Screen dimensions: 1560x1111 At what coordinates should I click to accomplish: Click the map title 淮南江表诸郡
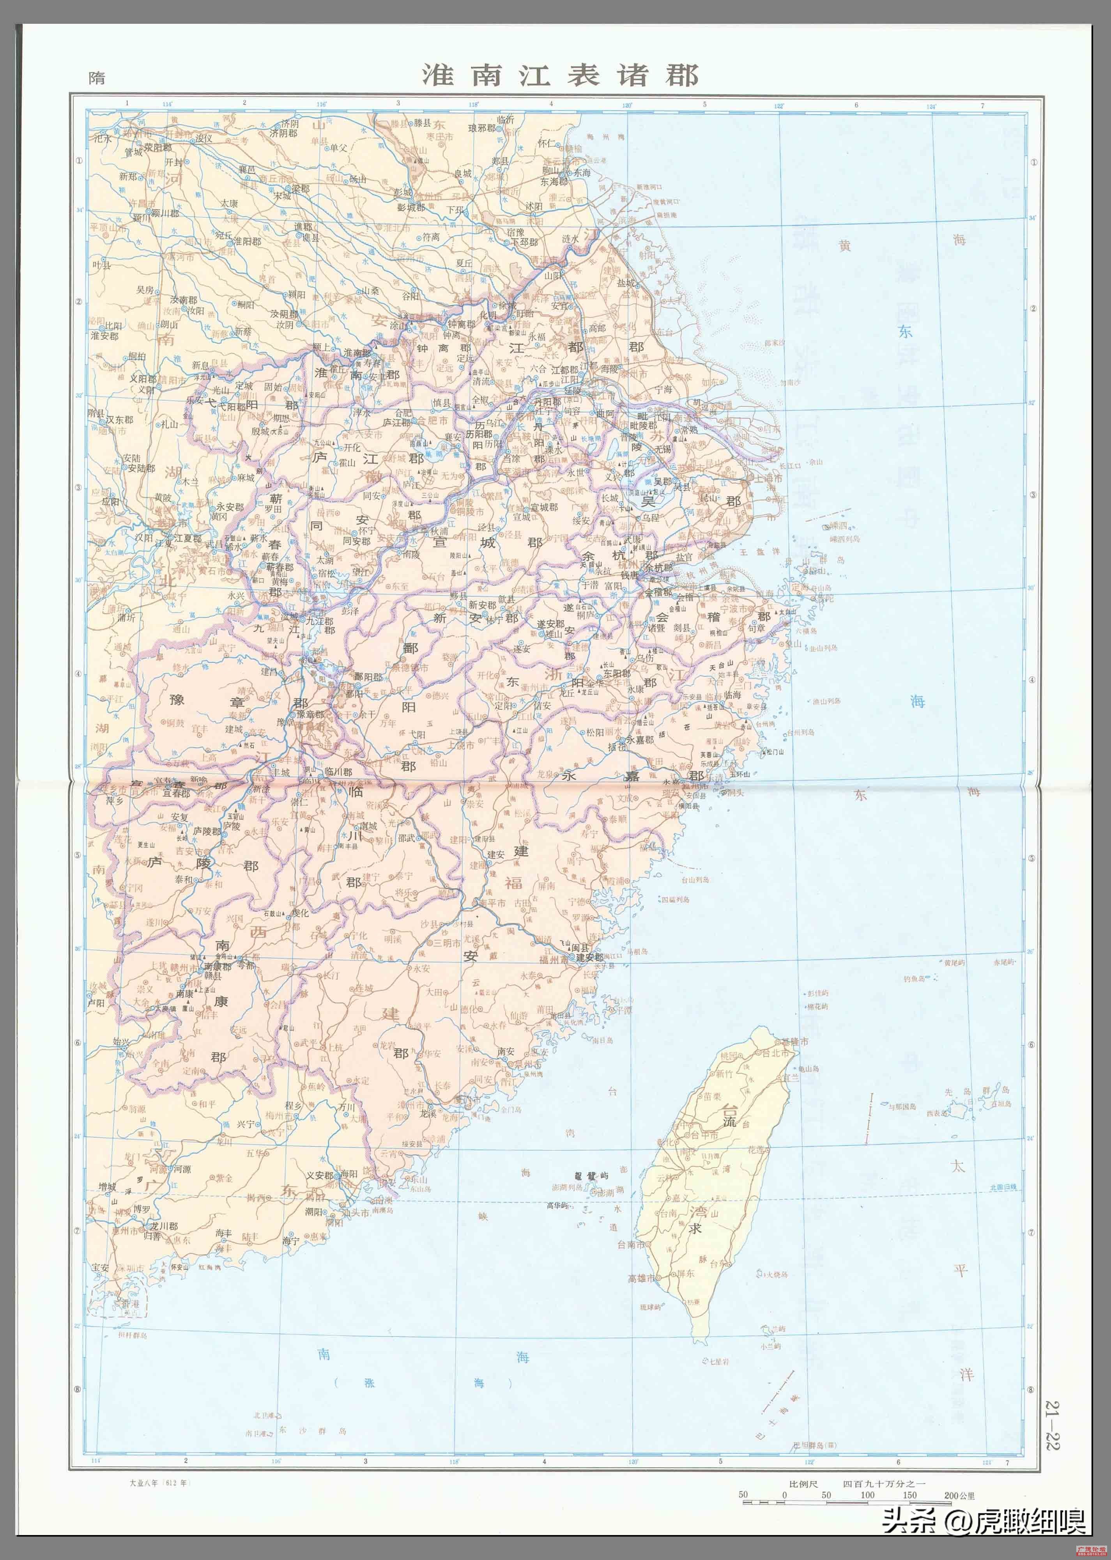[560, 75]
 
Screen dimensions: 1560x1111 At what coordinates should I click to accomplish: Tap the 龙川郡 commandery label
[164, 1226]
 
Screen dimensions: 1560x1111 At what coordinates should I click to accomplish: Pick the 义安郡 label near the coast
[320, 1175]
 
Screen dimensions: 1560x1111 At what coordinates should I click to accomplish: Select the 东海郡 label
[554, 182]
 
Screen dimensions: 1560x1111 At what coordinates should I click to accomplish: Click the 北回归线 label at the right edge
[1002, 1187]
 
